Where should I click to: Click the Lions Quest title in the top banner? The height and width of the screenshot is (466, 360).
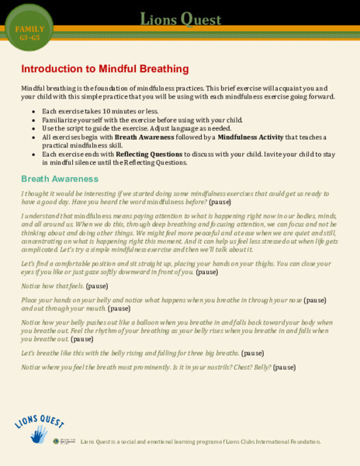pos(180,18)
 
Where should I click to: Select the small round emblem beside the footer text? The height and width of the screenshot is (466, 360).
pos(57,440)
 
